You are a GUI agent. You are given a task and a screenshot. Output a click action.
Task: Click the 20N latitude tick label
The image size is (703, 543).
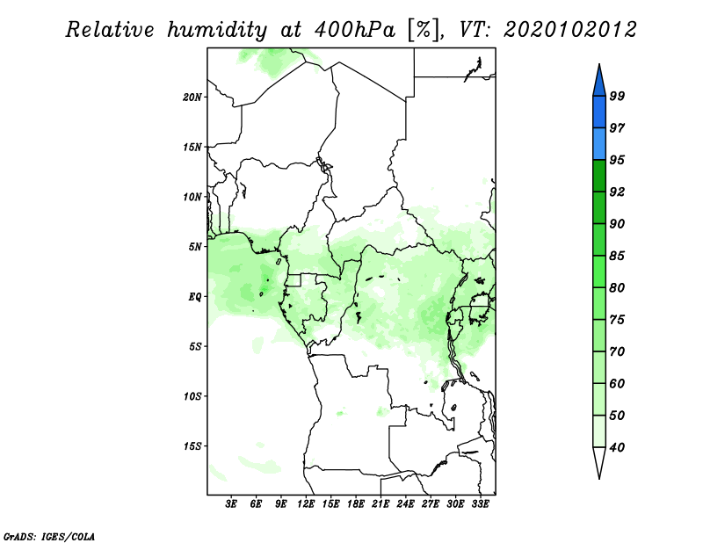coord(192,98)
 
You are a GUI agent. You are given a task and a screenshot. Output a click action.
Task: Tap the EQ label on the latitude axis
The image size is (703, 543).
coord(195,297)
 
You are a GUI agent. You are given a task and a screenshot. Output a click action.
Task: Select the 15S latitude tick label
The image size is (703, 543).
coord(192,446)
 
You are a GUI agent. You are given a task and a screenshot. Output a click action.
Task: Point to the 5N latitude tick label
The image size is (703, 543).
coord(195,247)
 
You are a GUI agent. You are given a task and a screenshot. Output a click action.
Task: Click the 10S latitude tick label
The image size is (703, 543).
coord(192,396)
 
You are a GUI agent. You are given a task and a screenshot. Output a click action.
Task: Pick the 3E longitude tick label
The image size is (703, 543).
coord(231,504)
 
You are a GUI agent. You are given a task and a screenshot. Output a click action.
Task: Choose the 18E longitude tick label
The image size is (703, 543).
coord(356,504)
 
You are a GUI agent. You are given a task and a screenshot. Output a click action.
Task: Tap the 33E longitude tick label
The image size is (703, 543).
coord(480,504)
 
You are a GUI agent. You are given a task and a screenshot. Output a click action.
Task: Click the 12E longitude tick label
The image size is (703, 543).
coord(306,504)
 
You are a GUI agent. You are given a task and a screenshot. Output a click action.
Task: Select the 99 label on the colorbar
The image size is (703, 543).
coord(617,96)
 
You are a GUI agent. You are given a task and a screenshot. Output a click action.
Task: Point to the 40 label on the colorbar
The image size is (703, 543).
coord(617,447)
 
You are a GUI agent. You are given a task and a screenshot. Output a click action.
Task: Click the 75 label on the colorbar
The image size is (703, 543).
coord(617,320)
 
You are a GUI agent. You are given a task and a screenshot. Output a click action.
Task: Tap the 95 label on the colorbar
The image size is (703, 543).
coord(617,160)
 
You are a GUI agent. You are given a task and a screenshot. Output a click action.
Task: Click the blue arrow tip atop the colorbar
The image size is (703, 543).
coord(599,64)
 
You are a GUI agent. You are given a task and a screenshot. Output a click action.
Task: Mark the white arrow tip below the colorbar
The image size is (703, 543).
coord(599,479)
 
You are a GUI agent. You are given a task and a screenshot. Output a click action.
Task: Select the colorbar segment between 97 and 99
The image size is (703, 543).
coord(599,112)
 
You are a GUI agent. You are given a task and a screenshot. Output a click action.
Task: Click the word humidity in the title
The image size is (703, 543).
coord(217,30)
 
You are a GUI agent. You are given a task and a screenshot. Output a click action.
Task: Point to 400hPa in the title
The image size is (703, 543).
coord(355,30)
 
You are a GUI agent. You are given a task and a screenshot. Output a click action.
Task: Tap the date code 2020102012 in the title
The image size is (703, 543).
coord(569,30)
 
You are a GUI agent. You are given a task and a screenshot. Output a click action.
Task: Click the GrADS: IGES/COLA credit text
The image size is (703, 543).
coord(49,536)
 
